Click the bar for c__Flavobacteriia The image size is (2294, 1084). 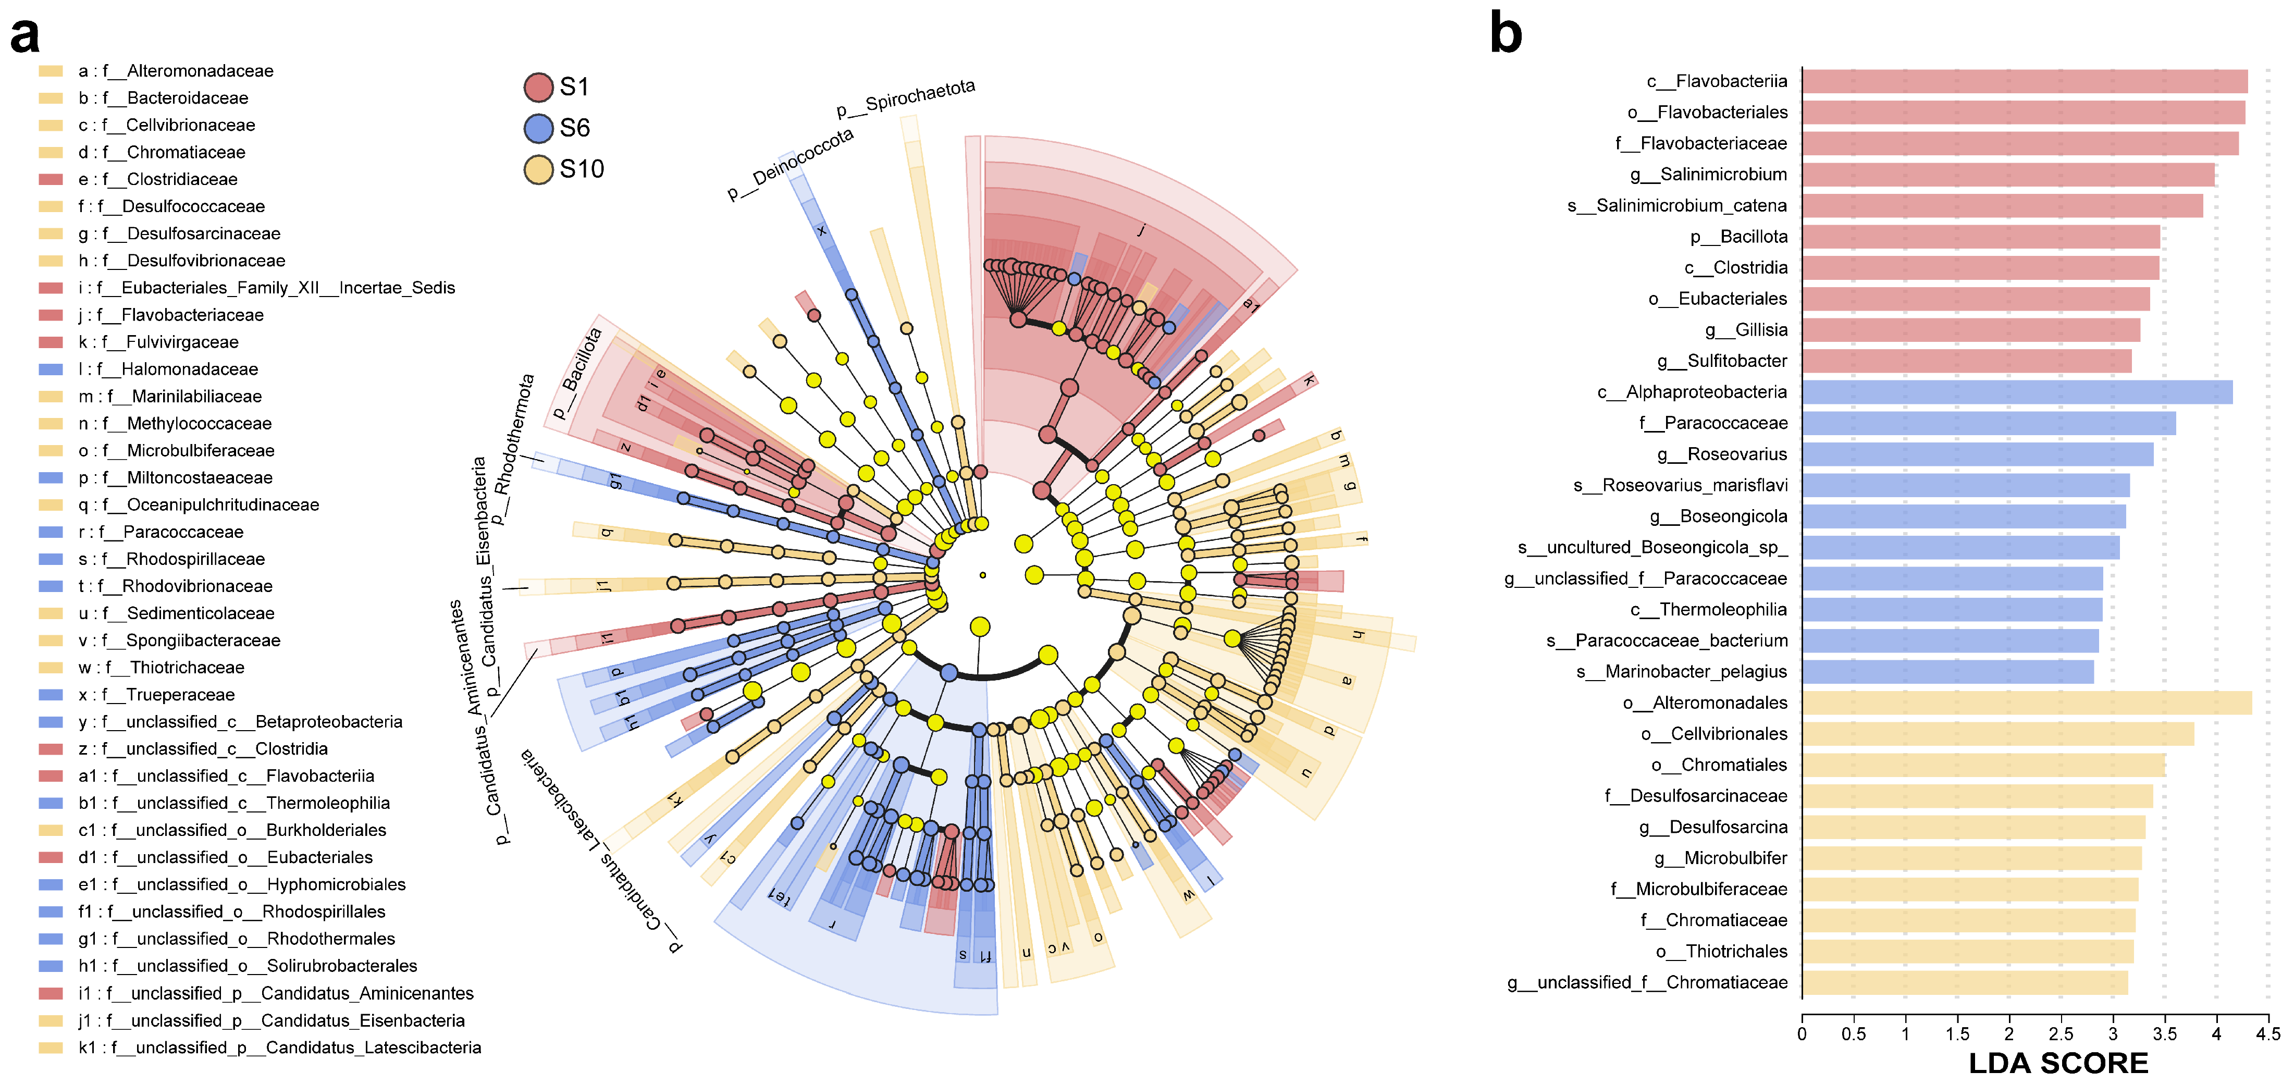2024,81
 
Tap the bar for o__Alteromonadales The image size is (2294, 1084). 2026,703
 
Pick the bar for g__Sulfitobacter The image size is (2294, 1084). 1966,361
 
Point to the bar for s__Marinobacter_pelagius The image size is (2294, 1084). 1947,672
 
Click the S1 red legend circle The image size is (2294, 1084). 539,87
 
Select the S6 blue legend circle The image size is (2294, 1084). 539,128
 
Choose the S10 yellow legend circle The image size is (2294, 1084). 539,169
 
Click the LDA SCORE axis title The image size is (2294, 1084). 2058,1063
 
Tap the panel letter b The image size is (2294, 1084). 1506,34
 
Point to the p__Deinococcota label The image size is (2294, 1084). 790,164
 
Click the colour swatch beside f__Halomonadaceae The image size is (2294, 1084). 51,369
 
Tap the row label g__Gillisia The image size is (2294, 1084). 1745,329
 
